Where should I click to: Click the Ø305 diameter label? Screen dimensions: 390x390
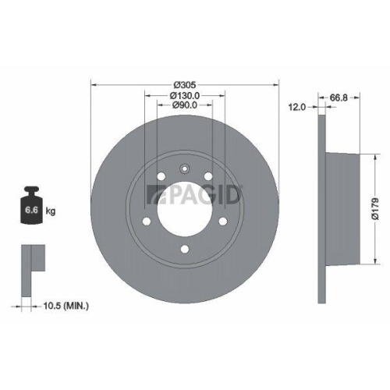[185, 84]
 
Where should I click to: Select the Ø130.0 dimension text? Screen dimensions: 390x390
[186, 95]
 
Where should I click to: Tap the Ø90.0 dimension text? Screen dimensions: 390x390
[185, 106]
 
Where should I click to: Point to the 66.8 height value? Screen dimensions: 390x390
[337, 97]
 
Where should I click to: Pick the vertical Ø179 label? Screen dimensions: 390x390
[376, 207]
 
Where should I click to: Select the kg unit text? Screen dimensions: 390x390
[50, 211]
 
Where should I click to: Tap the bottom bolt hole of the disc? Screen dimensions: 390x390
[185, 250]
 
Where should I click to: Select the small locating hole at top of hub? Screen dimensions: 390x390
[185, 167]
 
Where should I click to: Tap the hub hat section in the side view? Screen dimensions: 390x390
[343, 207]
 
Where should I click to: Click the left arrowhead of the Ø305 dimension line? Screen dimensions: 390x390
[94, 84]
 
